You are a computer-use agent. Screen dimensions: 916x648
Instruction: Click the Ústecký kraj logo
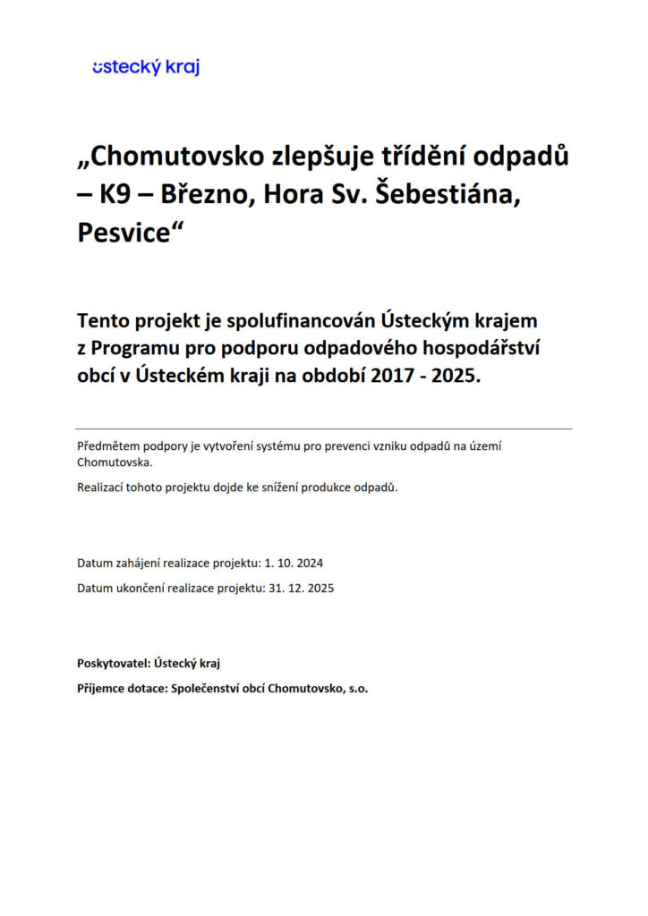(x=146, y=67)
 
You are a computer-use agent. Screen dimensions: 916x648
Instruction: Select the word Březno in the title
(x=205, y=195)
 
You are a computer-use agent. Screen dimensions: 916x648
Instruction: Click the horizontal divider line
(x=324, y=428)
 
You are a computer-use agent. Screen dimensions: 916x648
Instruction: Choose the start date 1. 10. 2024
(x=293, y=564)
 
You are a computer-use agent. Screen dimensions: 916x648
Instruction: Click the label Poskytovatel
(x=113, y=663)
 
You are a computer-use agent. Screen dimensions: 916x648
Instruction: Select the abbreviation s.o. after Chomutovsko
(x=355, y=689)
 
